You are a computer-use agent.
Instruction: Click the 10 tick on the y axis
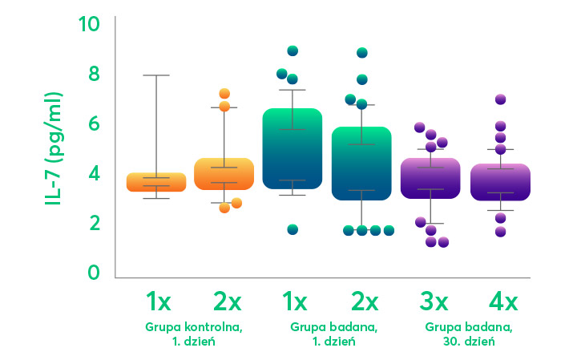(x=89, y=24)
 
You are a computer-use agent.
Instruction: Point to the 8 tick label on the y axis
(x=93, y=74)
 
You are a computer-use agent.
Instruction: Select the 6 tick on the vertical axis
(x=93, y=123)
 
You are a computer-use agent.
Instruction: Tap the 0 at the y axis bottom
(x=93, y=273)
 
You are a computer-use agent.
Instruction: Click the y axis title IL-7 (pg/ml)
(x=55, y=148)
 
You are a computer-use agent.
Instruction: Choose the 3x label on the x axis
(x=434, y=301)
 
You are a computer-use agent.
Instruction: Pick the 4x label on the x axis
(x=503, y=301)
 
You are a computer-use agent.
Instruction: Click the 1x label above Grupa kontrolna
(x=158, y=301)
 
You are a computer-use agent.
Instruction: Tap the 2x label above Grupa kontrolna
(x=227, y=301)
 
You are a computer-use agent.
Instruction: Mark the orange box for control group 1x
(x=156, y=182)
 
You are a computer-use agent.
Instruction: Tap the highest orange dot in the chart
(x=224, y=94)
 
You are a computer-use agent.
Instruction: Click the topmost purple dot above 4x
(x=500, y=99)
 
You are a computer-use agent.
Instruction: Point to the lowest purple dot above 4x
(x=500, y=232)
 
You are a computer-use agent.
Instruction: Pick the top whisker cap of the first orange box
(x=156, y=75)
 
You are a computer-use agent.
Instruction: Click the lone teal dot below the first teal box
(x=293, y=229)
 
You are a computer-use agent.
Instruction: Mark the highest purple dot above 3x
(x=419, y=127)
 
